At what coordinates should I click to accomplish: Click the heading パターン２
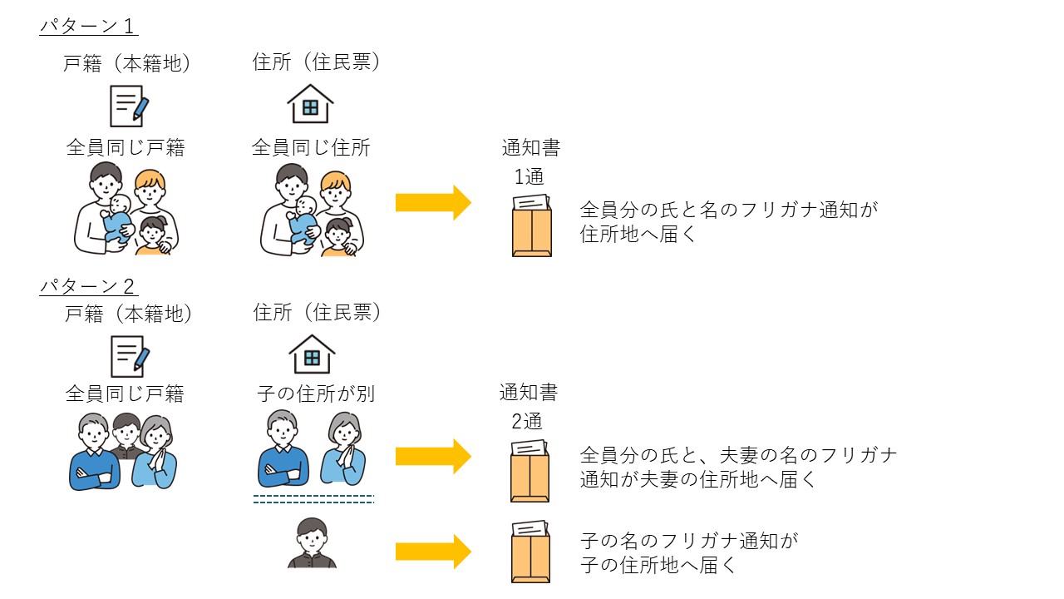[88, 286]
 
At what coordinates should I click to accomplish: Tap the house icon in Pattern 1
[310, 104]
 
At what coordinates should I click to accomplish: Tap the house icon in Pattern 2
[312, 354]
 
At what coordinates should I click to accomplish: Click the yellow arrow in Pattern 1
[433, 203]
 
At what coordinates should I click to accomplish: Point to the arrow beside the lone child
[433, 552]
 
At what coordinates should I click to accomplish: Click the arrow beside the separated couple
[433, 456]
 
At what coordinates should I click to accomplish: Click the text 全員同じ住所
[311, 148]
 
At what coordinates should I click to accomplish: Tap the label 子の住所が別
[316, 394]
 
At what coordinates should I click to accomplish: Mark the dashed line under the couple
[313, 499]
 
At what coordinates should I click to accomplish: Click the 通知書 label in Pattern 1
[530, 149]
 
